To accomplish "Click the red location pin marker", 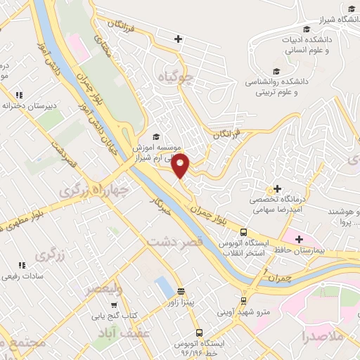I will [181, 165].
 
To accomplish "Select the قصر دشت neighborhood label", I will [174, 241].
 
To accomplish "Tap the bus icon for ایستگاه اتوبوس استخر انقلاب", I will [243, 232].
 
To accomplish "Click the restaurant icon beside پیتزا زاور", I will [181, 291].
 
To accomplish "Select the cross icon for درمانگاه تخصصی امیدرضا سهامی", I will [278, 188].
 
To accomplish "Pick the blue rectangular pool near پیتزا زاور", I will [162, 287].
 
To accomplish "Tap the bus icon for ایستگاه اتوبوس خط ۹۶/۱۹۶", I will [200, 332].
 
